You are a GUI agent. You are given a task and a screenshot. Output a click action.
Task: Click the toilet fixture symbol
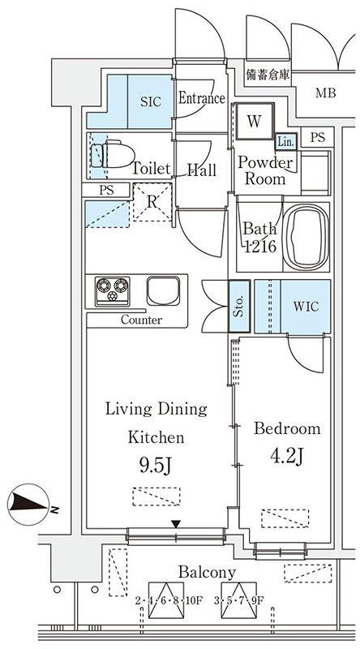tap(113, 155)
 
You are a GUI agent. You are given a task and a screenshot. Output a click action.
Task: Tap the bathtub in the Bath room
tap(306, 237)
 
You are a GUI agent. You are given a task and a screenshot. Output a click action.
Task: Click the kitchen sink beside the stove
tap(163, 290)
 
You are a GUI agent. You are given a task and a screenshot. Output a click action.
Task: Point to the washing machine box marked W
tap(255, 121)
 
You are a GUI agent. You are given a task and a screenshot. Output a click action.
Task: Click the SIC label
tap(151, 102)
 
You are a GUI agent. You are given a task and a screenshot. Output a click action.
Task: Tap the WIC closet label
tap(306, 307)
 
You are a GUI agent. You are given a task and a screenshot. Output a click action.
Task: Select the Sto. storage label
tap(239, 307)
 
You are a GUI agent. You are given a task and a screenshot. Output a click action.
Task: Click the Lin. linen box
tap(286, 143)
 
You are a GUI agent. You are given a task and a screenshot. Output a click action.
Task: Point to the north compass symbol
tap(29, 504)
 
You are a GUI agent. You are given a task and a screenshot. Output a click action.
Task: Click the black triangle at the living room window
tap(177, 524)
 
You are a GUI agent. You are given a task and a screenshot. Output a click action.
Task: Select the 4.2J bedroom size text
tap(288, 455)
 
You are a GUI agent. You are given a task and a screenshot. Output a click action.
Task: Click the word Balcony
tap(207, 573)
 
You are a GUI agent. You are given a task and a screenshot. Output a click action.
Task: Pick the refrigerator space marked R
tap(152, 202)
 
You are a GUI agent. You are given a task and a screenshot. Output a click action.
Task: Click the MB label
tap(326, 93)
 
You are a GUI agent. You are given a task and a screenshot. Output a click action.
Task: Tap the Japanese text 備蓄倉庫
tap(268, 75)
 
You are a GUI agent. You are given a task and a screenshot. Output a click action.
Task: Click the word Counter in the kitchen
tap(142, 320)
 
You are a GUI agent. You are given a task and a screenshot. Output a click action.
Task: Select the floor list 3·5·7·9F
tap(238, 600)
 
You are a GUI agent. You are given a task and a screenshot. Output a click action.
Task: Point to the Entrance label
tap(202, 98)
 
